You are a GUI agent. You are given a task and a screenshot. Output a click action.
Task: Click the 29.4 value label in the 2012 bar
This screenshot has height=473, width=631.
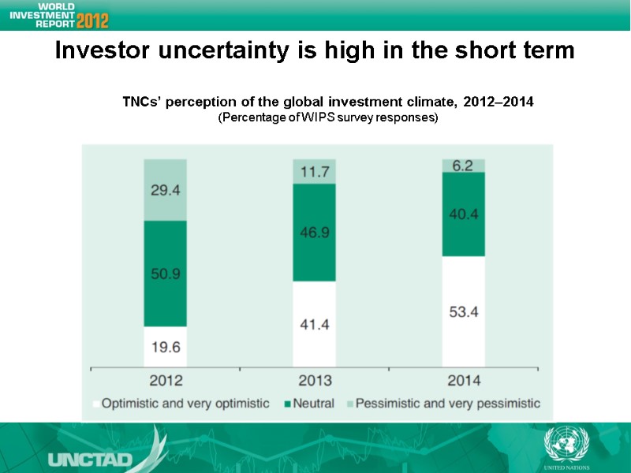pyautogui.click(x=165, y=190)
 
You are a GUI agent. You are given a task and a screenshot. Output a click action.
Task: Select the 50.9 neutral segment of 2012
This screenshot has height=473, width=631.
pyautogui.click(x=165, y=274)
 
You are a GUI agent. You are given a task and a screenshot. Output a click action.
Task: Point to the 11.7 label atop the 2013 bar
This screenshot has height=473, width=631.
pyautogui.click(x=314, y=171)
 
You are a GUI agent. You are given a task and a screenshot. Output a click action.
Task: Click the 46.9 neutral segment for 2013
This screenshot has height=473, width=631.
pyautogui.click(x=314, y=233)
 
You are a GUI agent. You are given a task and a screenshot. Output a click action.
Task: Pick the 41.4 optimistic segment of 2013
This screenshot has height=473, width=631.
pyautogui.click(x=314, y=323)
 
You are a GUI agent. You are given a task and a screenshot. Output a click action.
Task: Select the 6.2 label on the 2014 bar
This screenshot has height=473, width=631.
pyautogui.click(x=463, y=166)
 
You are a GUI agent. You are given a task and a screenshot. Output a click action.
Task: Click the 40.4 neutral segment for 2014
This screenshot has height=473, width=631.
pyautogui.click(x=463, y=214)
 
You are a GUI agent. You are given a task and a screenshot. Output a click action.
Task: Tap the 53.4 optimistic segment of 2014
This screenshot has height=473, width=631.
pyautogui.click(x=463, y=311)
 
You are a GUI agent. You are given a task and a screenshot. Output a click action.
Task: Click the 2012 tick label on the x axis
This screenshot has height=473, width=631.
pyautogui.click(x=165, y=380)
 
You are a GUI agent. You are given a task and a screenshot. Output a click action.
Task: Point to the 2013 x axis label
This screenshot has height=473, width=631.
pyautogui.click(x=314, y=380)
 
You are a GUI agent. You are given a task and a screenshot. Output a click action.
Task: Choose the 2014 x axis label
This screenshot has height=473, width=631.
pyautogui.click(x=463, y=380)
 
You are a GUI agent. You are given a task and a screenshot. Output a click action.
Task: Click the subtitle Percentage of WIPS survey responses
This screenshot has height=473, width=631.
pyautogui.click(x=327, y=117)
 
